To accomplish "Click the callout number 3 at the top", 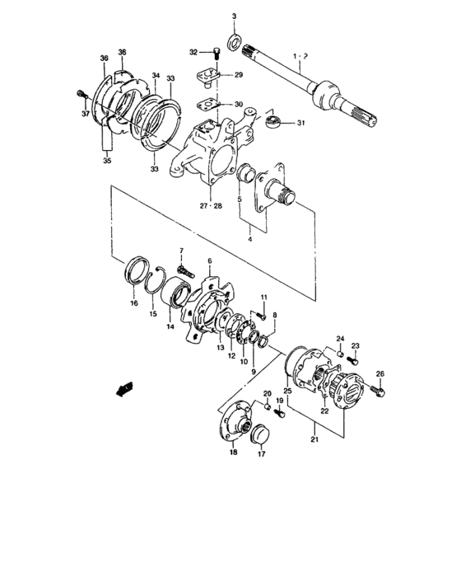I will pos(233,16).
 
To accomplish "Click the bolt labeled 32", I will pos(214,54).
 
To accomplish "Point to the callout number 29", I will pos(239,75).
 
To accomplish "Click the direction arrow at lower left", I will pos(125,388).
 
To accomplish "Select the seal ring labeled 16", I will pos(134,272).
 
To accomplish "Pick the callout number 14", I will pos(171,326).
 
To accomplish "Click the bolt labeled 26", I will pos(379,393).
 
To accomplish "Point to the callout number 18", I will pos(232,453).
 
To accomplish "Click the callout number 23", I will pos(356,345).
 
